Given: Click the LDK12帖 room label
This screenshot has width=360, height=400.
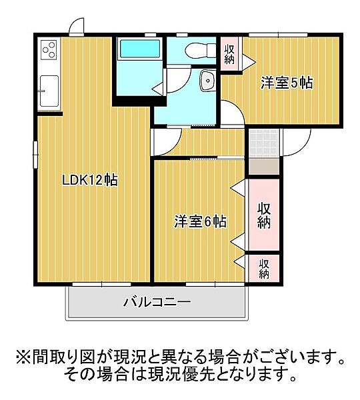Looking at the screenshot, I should tap(90, 180).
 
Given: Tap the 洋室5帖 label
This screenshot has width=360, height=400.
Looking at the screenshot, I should tap(287, 83).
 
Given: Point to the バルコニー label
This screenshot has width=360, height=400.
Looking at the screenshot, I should tap(157, 303).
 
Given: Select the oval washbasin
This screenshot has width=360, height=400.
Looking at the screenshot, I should tap(207, 82).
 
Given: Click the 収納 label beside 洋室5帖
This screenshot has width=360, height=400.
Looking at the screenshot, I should tap(229, 53).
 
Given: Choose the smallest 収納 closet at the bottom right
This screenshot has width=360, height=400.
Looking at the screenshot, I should tap(264, 267).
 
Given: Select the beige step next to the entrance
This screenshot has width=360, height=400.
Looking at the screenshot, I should tap(264, 167).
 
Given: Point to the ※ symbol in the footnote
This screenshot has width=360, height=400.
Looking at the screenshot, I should tap(21, 357).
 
